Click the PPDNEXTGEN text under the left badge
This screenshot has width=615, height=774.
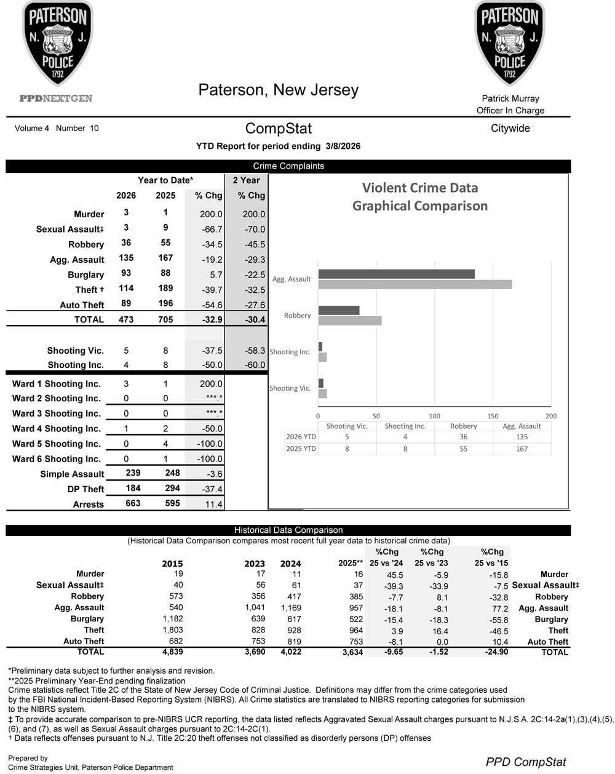coord(56,98)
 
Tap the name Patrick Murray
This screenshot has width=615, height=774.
coord(510,98)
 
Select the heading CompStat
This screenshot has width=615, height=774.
coord(278,129)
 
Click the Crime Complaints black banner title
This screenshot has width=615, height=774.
coord(288,166)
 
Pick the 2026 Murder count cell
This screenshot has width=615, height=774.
coord(126,212)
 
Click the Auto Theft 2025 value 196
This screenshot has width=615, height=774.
coord(165,303)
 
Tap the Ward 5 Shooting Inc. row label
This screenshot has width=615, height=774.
coord(56,444)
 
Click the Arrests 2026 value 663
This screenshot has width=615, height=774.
coord(133,503)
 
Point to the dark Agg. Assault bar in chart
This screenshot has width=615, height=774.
coord(396,274)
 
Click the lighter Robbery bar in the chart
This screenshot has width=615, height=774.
coord(349,321)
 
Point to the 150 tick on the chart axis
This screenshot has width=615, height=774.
coord(493,416)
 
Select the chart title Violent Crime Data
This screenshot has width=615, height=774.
coord(419,188)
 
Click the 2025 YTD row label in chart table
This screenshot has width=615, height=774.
coord(301,449)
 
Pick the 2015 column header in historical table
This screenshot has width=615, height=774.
coord(172,564)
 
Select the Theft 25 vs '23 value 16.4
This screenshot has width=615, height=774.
coord(438,631)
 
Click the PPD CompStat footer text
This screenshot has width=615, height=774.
coord(526,762)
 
